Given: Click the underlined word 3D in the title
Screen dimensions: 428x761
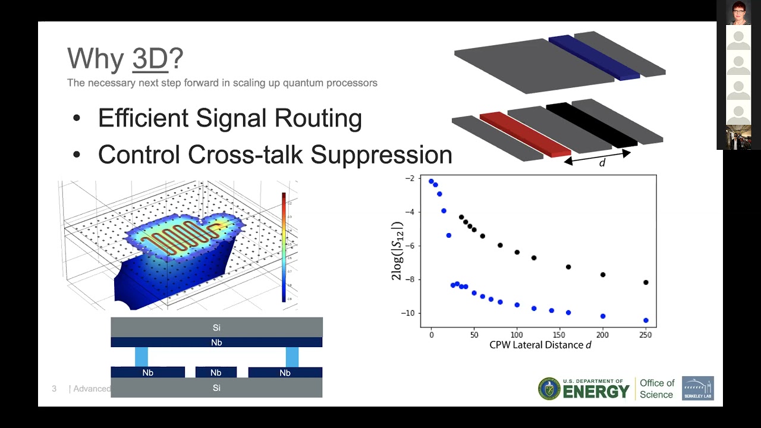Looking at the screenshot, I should (150, 59).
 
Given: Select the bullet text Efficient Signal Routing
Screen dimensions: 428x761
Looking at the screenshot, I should (229, 118).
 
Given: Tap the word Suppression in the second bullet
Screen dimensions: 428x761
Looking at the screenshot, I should (381, 155).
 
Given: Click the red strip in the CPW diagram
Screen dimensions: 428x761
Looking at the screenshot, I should (525, 134).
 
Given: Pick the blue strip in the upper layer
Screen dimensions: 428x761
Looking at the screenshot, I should (593, 57).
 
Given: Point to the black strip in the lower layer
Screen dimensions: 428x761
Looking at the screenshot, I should (592, 125).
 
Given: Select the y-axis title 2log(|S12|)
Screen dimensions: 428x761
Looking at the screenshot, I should (397, 251).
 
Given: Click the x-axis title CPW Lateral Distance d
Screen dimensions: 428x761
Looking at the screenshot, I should (540, 345).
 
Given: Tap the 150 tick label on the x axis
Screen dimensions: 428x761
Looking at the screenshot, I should (559, 335).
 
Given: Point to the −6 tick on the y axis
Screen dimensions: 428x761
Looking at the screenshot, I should (409, 246).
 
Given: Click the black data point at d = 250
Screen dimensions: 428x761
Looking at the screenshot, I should (646, 282).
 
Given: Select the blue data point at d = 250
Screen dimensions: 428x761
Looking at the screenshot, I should (646, 320).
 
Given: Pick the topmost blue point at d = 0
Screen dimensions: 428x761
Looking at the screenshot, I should (431, 181).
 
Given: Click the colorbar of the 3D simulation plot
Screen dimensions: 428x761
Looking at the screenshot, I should (284, 247).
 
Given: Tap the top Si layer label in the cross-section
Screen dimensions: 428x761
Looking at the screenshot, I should (216, 328).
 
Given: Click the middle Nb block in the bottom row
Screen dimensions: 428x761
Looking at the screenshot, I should (216, 373).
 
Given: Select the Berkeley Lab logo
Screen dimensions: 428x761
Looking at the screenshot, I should (697, 388).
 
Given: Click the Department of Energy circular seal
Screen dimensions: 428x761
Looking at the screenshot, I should (549, 389).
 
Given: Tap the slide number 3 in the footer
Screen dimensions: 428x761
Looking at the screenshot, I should (54, 389).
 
